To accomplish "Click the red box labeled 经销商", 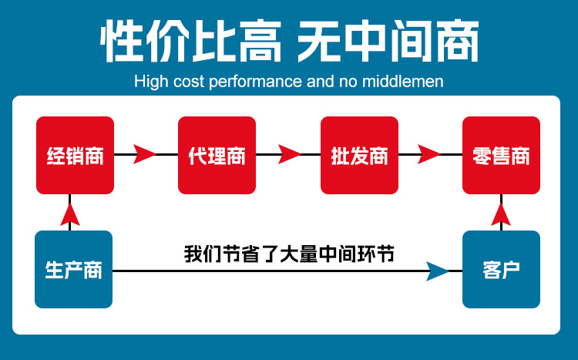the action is pos(75,155).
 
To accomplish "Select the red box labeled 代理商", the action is pos(217,155).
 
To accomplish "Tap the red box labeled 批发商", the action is pos(359,155).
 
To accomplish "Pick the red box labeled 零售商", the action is pos(501,155).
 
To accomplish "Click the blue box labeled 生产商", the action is pos(74,270).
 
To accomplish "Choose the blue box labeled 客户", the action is pos(501,270).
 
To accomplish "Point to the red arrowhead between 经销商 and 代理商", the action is pos(144,154).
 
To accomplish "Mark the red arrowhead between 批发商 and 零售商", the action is pos(430,154).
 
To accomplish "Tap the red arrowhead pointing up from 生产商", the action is pos(70,214).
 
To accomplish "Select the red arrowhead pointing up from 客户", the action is pos(502,214).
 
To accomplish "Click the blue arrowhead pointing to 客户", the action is pos(437,271).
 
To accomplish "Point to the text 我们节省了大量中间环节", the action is pos(289,253).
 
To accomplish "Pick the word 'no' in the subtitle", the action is pos(347,81).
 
